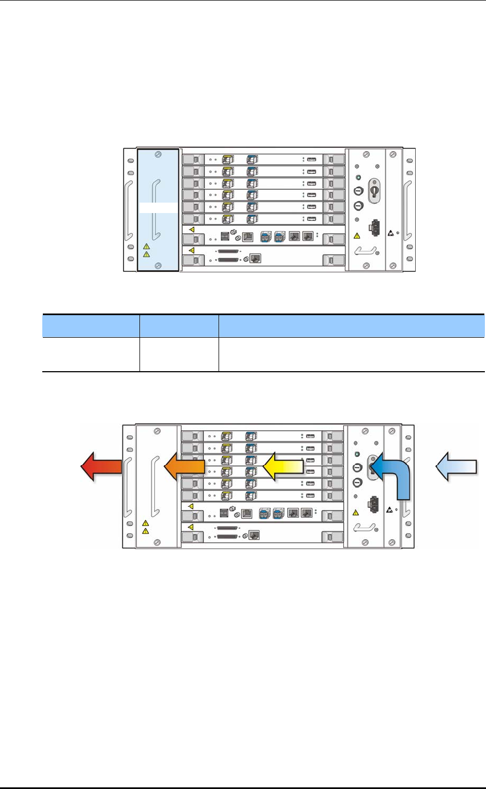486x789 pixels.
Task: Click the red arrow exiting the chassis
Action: pos(101,468)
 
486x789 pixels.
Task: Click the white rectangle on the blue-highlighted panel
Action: pos(158,208)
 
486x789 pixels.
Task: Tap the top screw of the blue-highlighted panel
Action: pos(158,156)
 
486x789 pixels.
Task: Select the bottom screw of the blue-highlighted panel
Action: pos(158,266)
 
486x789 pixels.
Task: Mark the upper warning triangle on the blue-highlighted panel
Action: pos(146,247)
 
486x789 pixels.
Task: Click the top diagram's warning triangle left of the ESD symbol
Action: pos(356,236)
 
